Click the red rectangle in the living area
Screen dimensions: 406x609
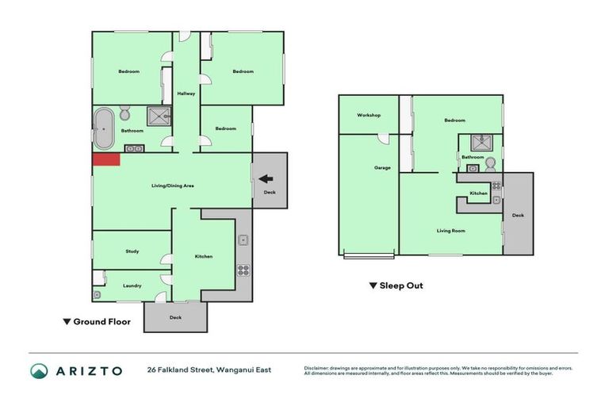pos(106,159)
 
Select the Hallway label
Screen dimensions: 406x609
pos(186,94)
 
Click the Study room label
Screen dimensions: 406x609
pos(132,251)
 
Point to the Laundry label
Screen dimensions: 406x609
pos(132,285)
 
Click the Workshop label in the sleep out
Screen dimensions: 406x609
pos(369,115)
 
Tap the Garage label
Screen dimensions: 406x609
pos(382,167)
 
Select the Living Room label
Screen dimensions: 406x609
pos(450,231)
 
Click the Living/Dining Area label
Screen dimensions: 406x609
pos(173,186)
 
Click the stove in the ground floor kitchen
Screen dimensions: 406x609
pos(243,270)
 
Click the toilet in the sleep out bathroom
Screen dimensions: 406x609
pos(490,164)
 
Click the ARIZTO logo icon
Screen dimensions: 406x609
pos(39,370)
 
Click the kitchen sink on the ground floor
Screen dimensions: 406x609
pos(243,239)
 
